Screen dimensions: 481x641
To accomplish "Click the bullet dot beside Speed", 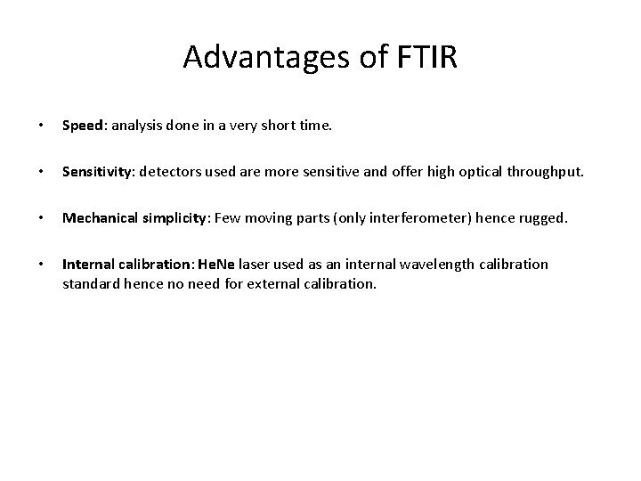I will pos(30,126).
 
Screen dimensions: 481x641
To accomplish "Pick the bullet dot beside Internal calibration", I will pos(30,265).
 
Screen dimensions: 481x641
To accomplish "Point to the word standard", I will pos(89,285).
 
